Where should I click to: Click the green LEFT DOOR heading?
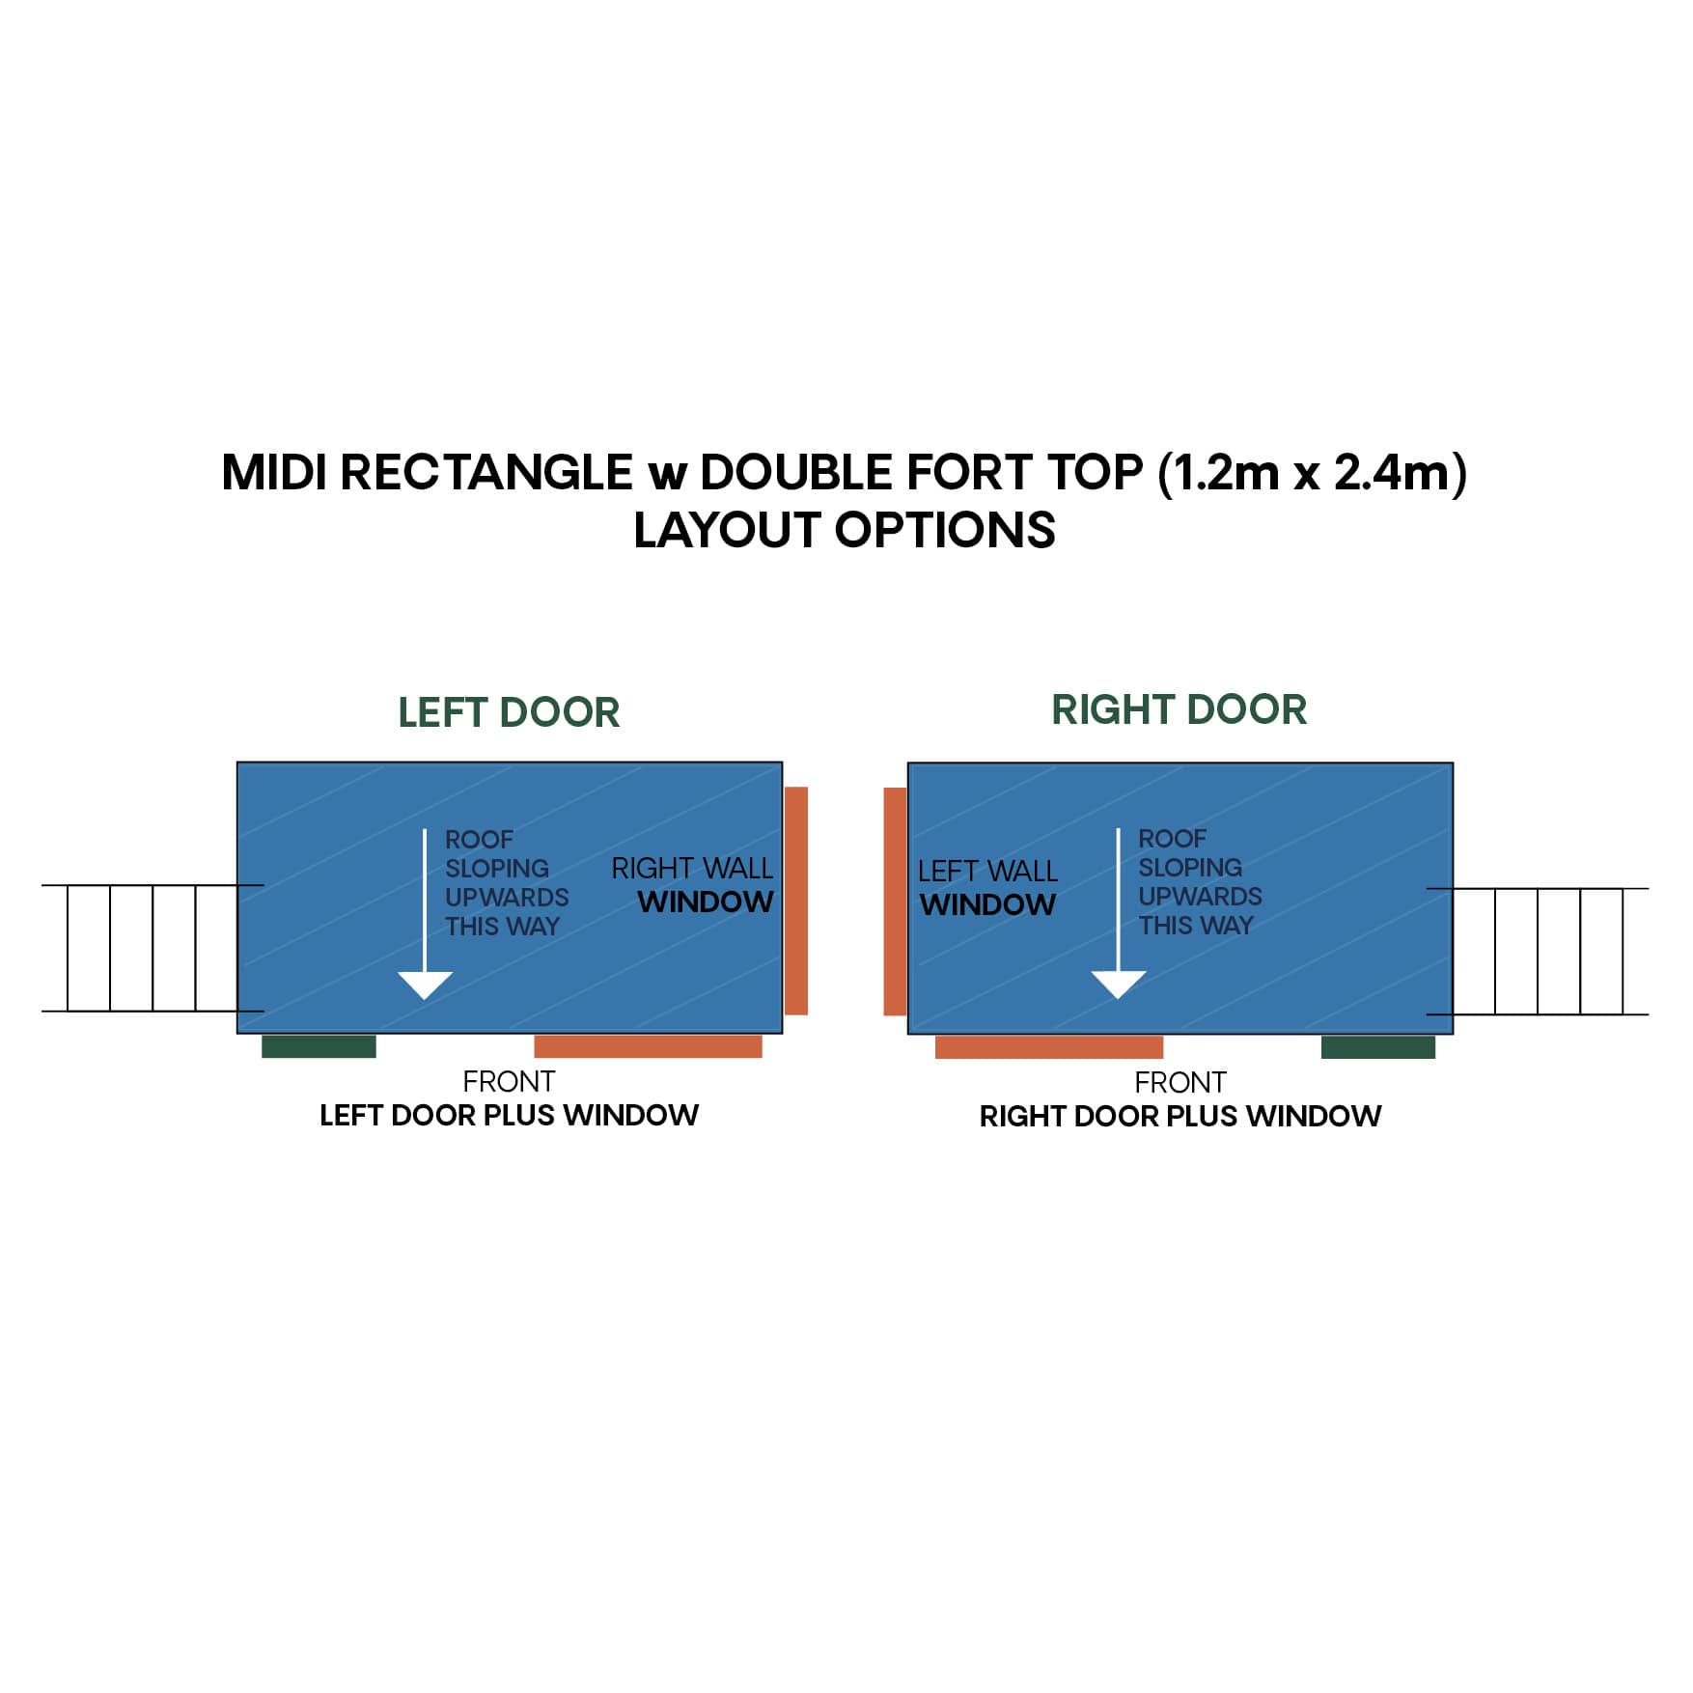pos(509,713)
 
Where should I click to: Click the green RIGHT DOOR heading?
pos(1179,710)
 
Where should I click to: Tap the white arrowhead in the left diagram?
pos(425,985)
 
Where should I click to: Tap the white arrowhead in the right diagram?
pos(1118,984)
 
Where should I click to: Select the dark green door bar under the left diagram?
pos(319,1046)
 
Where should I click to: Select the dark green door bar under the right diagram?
pos(1377,1047)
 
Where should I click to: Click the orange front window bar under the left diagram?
pos(648,1046)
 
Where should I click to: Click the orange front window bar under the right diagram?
pos(1048,1047)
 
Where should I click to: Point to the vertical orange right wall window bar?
pos(796,901)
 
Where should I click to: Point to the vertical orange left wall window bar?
pos(895,902)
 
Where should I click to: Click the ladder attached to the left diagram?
pos(140,948)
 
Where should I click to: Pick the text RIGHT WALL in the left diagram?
pos(692,869)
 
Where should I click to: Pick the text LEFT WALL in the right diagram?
pos(987,872)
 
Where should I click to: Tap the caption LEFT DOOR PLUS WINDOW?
pos(509,1116)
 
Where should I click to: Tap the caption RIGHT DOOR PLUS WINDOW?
pos(1180,1117)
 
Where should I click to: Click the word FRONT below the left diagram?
pos(509,1081)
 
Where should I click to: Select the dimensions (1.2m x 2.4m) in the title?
pos(1311,473)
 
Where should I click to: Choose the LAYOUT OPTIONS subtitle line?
pos(845,531)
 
